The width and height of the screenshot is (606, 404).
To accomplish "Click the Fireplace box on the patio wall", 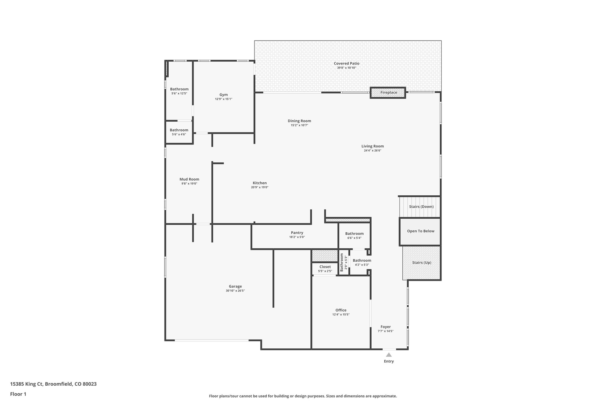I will (388, 93).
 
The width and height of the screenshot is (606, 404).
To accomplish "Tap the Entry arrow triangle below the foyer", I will (389, 355).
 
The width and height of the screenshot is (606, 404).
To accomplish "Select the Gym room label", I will (223, 95).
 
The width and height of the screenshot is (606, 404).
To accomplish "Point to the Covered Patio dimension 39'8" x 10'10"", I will (346, 68).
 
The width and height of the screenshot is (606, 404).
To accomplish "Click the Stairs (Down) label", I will (421, 207).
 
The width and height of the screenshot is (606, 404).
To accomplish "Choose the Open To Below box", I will (420, 231).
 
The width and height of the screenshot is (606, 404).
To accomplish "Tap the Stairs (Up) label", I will (421, 263).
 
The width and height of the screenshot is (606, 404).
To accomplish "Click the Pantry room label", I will (297, 233).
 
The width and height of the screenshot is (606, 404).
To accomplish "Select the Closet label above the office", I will (325, 267).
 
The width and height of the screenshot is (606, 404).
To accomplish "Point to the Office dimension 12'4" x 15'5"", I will (341, 315).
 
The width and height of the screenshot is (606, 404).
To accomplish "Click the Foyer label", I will (386, 327).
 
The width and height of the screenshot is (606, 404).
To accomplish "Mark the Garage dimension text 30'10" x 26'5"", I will (235, 291).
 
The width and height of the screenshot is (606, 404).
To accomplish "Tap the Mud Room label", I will (189, 179).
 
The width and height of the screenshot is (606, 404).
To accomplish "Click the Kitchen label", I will (260, 183).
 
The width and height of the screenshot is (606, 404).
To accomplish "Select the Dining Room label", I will (299, 121).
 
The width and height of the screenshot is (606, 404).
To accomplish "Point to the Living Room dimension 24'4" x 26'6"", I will (373, 150).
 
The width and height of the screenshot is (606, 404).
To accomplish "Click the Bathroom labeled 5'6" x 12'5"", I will (179, 89).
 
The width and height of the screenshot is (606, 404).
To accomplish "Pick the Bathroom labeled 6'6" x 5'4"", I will (354, 234).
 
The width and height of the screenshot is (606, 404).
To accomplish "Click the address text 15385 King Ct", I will (27, 384).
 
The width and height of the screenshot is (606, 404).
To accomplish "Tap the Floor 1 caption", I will (18, 394).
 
